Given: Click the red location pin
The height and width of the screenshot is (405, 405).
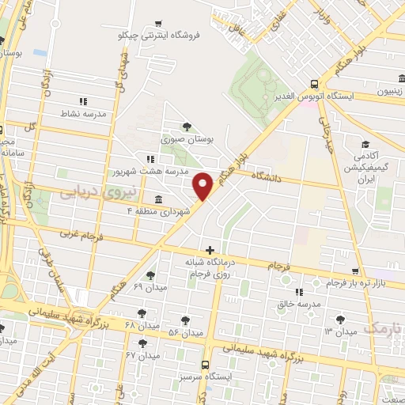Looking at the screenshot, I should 203,185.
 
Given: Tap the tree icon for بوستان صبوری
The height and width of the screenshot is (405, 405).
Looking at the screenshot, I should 187,127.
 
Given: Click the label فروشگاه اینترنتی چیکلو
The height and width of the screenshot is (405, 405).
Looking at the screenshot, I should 165,36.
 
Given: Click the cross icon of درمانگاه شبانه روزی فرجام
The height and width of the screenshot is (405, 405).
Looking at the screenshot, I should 210,250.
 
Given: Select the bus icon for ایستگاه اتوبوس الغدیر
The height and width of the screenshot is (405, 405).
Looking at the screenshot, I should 315,84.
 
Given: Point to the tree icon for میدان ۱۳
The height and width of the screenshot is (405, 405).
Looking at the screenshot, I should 339,319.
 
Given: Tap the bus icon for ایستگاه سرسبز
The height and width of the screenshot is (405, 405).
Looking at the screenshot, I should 205,365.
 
